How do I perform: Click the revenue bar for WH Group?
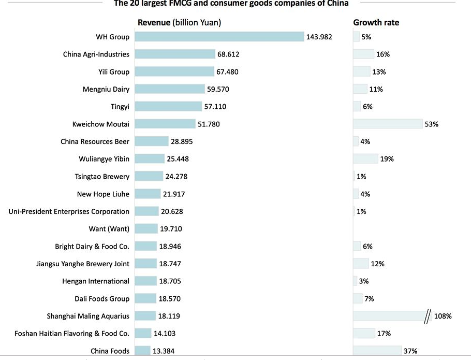coord(219,37)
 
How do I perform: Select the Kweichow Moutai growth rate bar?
coord(388,124)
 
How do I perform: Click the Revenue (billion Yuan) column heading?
coord(179,22)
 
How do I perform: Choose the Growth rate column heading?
coord(376,22)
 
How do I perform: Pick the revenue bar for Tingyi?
coord(168,106)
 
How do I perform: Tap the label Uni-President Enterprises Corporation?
coord(69,211)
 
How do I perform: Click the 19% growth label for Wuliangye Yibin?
coord(387,159)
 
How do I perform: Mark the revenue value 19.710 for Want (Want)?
coord(171,229)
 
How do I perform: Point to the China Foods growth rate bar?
coord(377,351)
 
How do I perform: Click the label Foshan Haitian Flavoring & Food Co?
coord(72,333)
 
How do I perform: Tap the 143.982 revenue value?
coord(319,37)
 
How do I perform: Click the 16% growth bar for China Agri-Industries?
coord(363,54)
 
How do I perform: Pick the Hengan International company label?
coord(96,281)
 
